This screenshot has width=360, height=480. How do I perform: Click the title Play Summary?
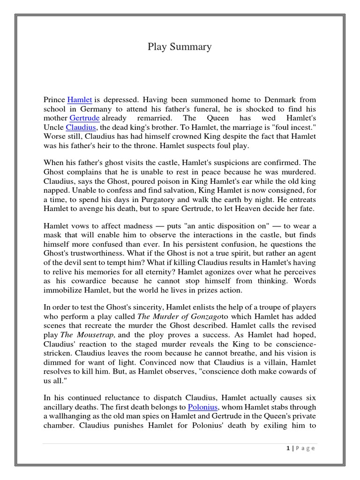click(x=180, y=46)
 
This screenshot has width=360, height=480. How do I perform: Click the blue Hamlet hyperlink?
click(x=79, y=100)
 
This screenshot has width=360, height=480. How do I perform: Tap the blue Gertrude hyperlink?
click(x=84, y=118)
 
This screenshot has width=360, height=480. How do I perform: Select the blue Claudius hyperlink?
click(x=81, y=127)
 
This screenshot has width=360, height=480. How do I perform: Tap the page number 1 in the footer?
click(x=288, y=448)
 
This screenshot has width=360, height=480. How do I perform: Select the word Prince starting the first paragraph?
click(x=54, y=100)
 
